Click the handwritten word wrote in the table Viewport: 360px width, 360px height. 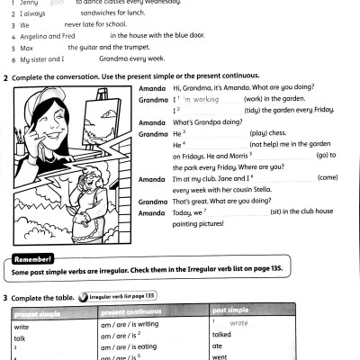pyautogui.click(x=239, y=322)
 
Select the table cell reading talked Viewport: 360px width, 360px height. pyautogui.click(x=222, y=333)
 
